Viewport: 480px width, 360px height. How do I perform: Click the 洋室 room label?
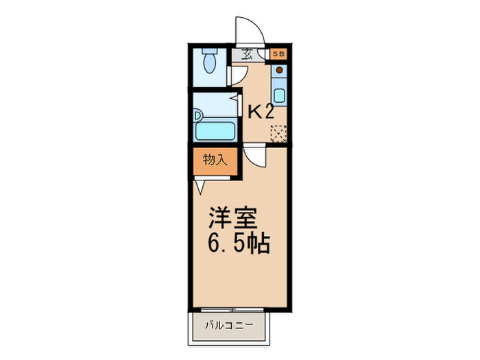233,218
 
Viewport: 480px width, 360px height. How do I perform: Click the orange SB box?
279,53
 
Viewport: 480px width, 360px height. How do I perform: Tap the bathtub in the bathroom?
215,130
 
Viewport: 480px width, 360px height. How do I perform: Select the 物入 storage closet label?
215,161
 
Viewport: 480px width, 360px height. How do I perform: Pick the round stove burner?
280,70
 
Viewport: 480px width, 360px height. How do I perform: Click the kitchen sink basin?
280,94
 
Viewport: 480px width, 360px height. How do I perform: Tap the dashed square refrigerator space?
279,132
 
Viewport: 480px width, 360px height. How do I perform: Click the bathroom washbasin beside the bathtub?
198,115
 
